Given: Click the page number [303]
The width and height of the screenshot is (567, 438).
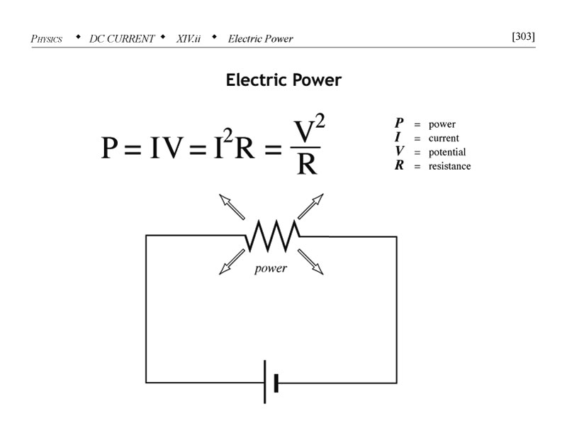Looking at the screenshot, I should pyautogui.click(x=523, y=37).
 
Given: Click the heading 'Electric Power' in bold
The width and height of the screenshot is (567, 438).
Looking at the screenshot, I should pyautogui.click(x=283, y=80).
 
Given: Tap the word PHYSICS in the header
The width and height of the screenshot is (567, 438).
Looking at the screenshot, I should pyautogui.click(x=47, y=38).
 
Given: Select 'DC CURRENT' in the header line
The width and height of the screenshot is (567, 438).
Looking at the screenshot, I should pyautogui.click(x=122, y=38).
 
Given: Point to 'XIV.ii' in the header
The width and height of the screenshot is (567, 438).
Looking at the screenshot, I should pyautogui.click(x=189, y=38).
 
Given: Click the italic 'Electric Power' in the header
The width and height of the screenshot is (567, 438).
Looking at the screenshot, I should pyautogui.click(x=260, y=38).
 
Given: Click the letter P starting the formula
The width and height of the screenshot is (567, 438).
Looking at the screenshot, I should pyautogui.click(x=110, y=148).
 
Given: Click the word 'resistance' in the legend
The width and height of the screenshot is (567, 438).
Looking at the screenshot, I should pyautogui.click(x=449, y=166).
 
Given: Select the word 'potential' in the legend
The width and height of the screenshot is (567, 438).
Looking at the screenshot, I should pyautogui.click(x=447, y=153).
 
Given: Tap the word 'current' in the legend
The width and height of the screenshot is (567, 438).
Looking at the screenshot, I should pyautogui.click(x=443, y=138).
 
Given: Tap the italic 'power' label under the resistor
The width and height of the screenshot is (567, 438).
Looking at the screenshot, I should pyautogui.click(x=271, y=268).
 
